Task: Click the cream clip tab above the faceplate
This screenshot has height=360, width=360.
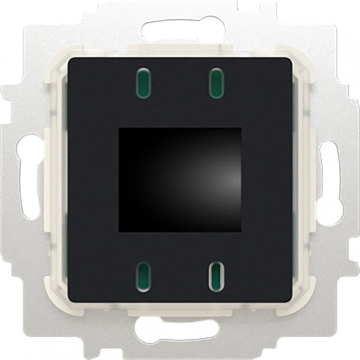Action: (x=180, y=50)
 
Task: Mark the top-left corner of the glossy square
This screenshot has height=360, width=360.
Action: (x=119, y=128)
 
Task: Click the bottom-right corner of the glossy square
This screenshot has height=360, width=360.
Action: (x=240, y=232)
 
